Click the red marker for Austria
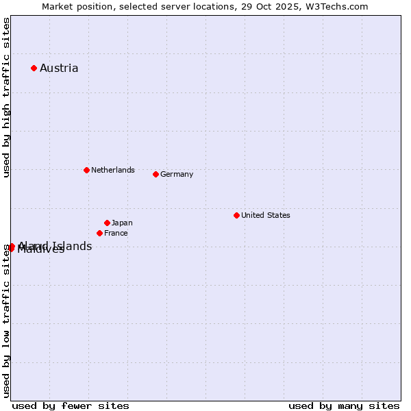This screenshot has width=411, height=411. pos(34,68)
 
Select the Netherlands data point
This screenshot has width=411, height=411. pos(86,170)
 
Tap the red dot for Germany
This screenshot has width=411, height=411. pos(155,174)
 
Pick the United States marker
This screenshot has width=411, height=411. pos(236,215)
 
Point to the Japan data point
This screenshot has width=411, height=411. pos(107,223)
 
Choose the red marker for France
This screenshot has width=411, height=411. pos(99,233)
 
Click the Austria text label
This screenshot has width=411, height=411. pos(59,68)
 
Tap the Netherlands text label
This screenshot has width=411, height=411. pos(113,170)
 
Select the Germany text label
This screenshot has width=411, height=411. pos(177,174)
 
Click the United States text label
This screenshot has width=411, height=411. pos(266,215)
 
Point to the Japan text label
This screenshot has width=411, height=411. pos(122,223)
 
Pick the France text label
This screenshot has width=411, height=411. pos(116,233)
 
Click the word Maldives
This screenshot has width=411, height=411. pos(41,250)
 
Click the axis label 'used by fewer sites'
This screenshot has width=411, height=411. pos(71,406)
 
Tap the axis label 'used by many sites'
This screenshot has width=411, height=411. pos(344,406)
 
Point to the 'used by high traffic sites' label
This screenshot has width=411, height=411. pos(6,98)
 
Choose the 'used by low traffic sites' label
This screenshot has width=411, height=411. pos(6,321)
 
